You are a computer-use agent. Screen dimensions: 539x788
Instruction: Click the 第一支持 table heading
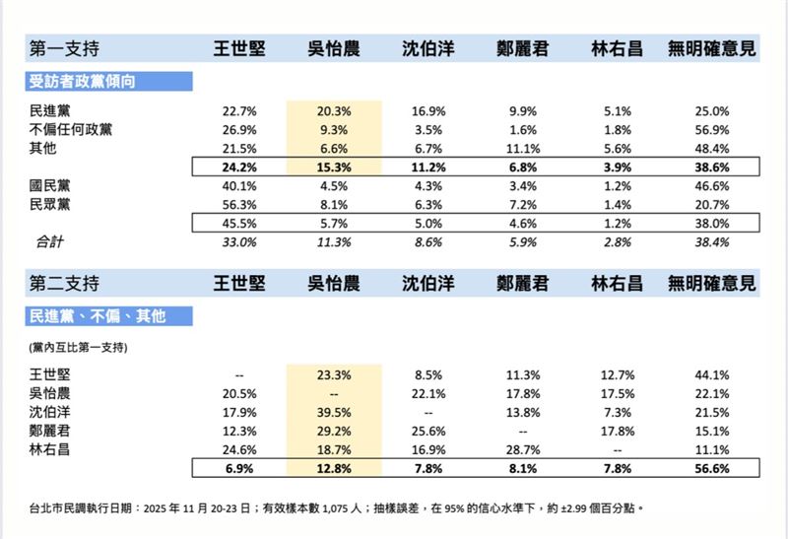click(x=65, y=47)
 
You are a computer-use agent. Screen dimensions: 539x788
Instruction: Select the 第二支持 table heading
click(x=65, y=283)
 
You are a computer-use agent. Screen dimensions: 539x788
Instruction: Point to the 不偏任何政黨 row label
click(x=71, y=129)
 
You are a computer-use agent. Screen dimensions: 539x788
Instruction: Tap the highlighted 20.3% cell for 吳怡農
click(x=327, y=111)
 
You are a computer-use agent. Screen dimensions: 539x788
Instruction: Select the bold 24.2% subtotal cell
click(x=240, y=166)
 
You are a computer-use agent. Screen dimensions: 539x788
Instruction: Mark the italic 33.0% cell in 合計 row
click(x=240, y=239)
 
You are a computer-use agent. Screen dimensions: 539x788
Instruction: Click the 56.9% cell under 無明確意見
click(x=712, y=129)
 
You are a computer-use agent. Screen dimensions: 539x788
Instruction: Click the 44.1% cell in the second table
click(x=712, y=373)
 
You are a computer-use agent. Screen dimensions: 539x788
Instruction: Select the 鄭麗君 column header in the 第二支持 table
click(x=524, y=283)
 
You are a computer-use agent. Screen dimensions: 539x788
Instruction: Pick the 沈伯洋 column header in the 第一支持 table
click(x=427, y=47)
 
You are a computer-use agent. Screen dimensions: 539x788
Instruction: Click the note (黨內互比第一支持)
click(x=80, y=348)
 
